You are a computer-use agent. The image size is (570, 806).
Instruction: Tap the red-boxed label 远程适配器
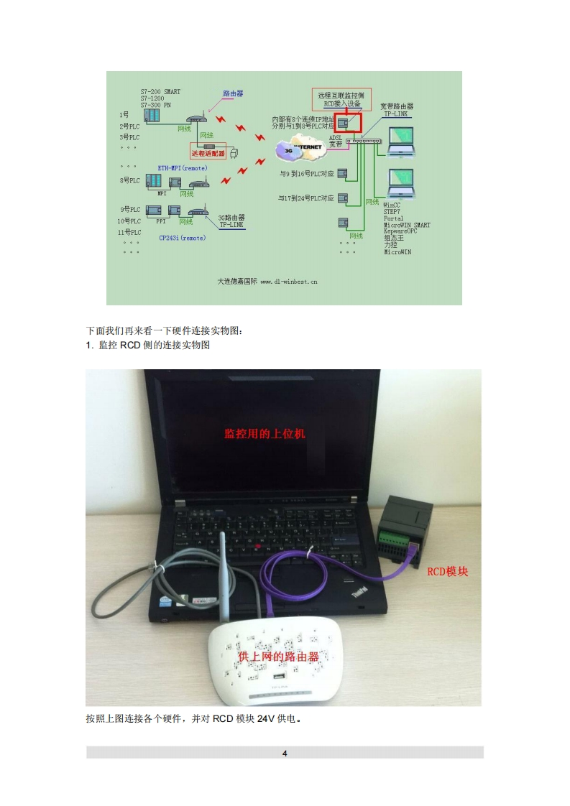208,153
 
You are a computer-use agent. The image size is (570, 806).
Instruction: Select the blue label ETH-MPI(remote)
183,167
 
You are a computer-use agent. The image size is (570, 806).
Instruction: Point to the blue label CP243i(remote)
183,237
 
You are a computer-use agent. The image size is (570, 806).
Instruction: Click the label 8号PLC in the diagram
129,180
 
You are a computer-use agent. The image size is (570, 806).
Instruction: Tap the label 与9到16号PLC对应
307,174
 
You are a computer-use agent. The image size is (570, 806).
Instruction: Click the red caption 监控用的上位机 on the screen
265,434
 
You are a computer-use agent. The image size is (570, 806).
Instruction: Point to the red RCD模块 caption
447,572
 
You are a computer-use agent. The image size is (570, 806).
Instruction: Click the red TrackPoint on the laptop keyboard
257,546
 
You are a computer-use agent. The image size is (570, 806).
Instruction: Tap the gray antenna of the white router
223,575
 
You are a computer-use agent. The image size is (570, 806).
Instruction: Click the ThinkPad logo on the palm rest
359,591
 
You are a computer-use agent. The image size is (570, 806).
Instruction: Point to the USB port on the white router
279,677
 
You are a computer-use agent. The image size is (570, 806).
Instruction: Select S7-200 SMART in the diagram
160,91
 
